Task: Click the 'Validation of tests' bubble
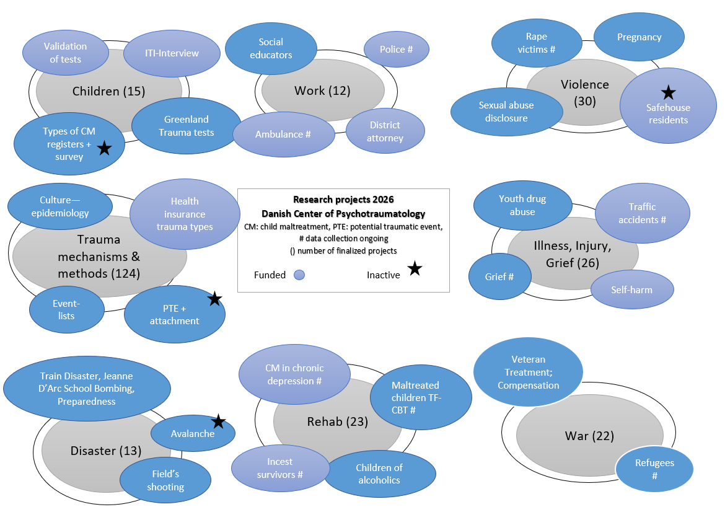65,53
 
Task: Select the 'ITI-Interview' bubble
172,53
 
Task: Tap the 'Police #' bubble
396,50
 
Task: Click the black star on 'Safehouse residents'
668,92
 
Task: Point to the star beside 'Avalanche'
218,422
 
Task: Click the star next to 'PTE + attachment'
214,299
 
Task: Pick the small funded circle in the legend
299,275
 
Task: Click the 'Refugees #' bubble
654,469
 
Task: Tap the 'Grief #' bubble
499,276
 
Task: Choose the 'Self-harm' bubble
631,289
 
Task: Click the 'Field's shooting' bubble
165,480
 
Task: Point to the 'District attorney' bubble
385,131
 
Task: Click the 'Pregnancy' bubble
639,37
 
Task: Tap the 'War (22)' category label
589,436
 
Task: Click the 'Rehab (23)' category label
337,422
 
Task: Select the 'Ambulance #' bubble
283,135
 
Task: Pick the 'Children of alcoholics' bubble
379,474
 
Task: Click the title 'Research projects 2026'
343,200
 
